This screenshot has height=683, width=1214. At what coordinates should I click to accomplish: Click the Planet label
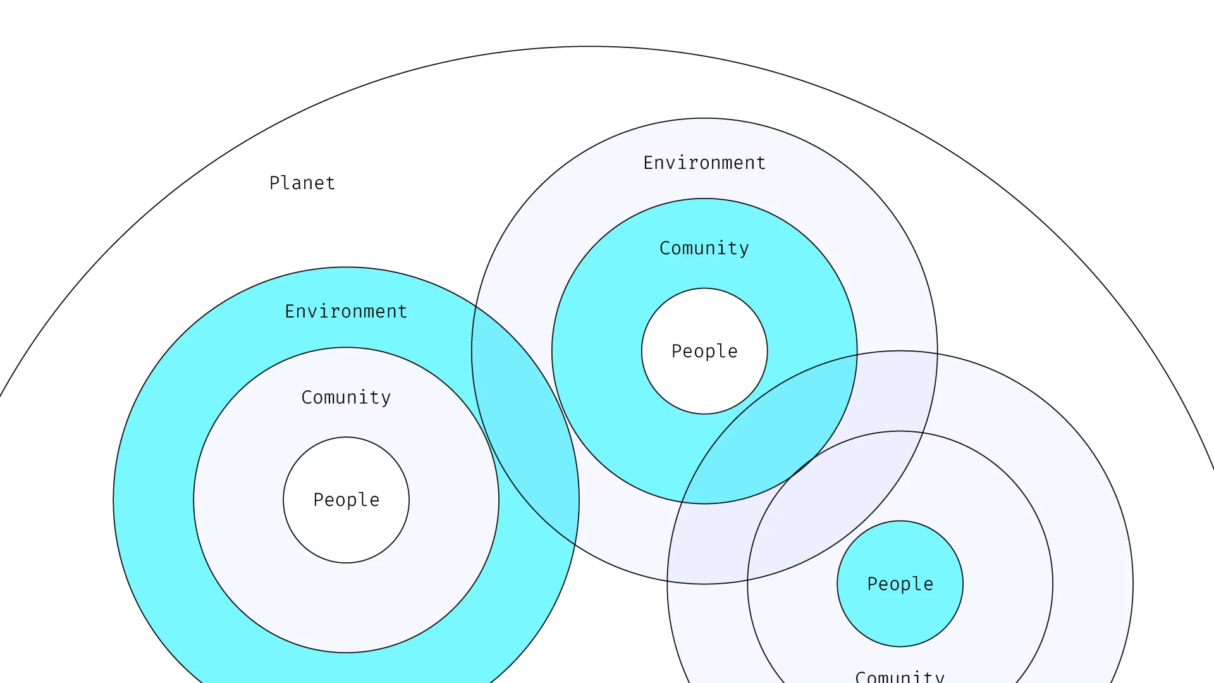point(302,183)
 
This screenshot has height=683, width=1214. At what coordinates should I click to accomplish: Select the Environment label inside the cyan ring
point(346,311)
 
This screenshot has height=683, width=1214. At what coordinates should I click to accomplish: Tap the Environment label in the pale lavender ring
point(704,163)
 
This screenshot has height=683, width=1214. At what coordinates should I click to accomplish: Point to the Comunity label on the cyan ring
point(704,248)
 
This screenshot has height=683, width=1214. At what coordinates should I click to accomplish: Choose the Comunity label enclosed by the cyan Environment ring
point(346,397)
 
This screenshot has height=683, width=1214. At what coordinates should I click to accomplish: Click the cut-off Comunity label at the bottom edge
point(900,676)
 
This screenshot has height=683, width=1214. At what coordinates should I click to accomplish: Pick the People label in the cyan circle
point(900,584)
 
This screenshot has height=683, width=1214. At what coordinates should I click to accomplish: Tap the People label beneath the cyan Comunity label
point(704,351)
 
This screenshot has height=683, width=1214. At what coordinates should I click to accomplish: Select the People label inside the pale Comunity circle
point(346,500)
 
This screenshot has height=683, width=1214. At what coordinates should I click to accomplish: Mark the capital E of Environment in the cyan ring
point(290,311)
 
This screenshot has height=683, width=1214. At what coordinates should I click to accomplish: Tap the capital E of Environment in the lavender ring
point(648,163)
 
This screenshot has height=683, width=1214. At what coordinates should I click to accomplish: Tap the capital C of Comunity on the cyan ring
point(665,248)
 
